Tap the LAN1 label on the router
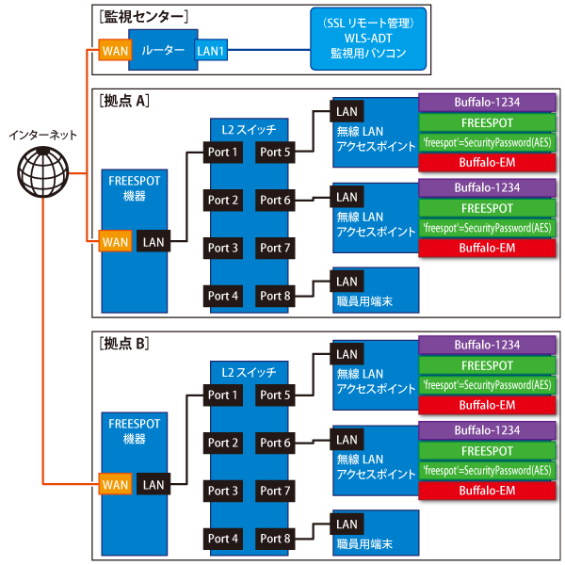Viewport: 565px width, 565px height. pyautogui.click(x=211, y=49)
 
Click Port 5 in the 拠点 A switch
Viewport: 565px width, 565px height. pyautogui.click(x=276, y=152)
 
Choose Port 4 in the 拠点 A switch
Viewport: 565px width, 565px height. pyautogui.click(x=223, y=296)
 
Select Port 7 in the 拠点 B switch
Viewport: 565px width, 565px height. pyautogui.click(x=276, y=491)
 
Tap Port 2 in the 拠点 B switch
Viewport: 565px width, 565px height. pyautogui.click(x=223, y=443)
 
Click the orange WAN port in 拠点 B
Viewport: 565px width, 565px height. pyautogui.click(x=115, y=485)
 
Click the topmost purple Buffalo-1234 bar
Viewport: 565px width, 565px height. pyautogui.click(x=487, y=102)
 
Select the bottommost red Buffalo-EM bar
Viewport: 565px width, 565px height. pyautogui.click(x=487, y=491)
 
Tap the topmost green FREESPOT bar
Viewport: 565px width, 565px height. pyautogui.click(x=487, y=122)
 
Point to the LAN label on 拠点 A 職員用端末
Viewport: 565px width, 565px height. pyautogui.click(x=347, y=282)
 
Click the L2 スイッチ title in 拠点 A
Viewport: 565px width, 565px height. pyautogui.click(x=248, y=127)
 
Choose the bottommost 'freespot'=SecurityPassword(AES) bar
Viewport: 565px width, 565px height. pyautogui.click(x=487, y=470)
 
